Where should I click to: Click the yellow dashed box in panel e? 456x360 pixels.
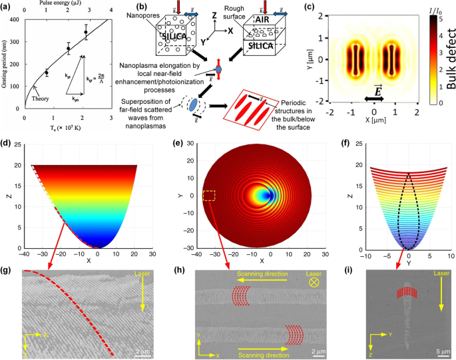click(x=208, y=196)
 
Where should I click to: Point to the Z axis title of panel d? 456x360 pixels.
click(x=7, y=197)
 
